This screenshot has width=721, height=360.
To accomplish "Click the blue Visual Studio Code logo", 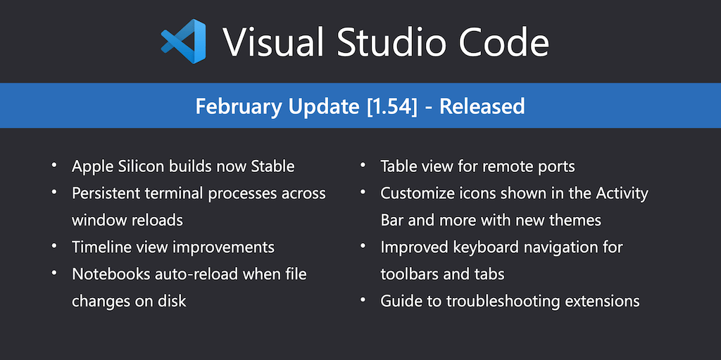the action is point(184,41).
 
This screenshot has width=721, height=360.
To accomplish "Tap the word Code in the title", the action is point(503,42).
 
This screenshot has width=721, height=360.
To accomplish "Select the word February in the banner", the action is point(239,106).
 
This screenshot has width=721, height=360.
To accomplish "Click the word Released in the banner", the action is point(482,106).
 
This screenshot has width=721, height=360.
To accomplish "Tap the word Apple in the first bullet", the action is point(91,166).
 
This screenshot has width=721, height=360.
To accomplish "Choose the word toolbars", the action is point(409,274).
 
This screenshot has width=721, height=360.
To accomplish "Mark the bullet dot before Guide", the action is point(363,299).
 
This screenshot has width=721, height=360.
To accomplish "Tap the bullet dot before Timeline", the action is point(55,245).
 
